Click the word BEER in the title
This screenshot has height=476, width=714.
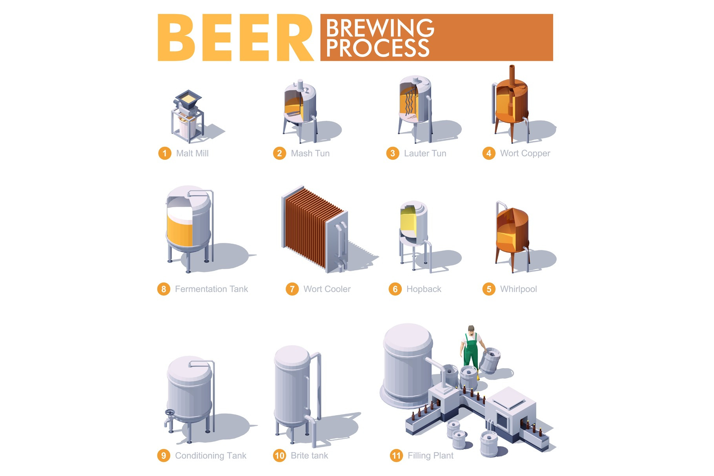[x=235, y=38]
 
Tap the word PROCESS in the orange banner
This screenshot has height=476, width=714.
[x=377, y=48]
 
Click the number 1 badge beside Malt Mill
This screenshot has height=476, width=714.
[x=165, y=153]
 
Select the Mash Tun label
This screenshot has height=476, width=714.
[x=310, y=153]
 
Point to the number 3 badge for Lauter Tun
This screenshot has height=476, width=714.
[x=393, y=153]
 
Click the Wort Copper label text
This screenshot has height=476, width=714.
[x=525, y=153]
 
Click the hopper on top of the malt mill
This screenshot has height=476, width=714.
[x=188, y=98]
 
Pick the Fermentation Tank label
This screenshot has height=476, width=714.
[x=211, y=289]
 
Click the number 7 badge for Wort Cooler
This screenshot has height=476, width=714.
[x=292, y=289]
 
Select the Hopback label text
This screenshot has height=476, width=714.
[x=424, y=289]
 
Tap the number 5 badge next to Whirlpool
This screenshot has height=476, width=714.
[x=489, y=289]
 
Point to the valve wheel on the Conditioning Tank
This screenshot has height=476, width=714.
[x=170, y=413]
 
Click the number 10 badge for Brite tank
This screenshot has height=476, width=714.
[x=280, y=456]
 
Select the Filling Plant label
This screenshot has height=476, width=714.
[x=430, y=456]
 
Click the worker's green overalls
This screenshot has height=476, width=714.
[x=471, y=352]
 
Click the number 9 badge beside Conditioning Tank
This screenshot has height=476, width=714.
[x=164, y=456]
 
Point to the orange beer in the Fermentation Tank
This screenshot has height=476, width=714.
[x=180, y=231]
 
